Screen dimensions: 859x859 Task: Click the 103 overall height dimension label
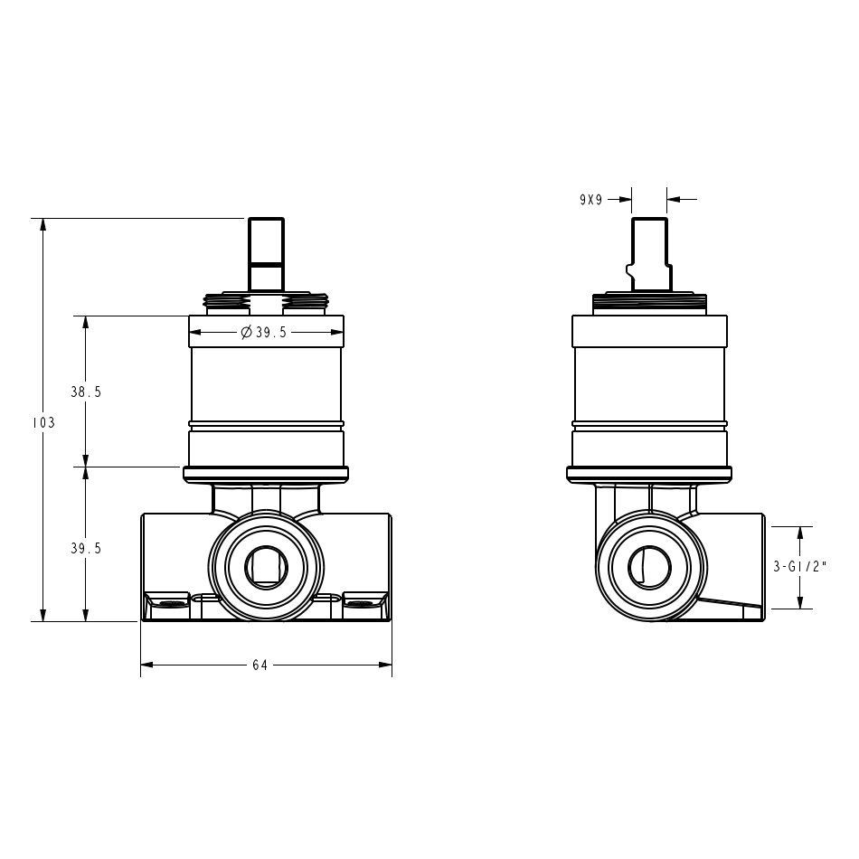[x=43, y=422]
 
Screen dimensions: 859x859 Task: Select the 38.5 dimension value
[x=86, y=392]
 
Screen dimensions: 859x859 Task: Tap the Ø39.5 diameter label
[x=264, y=332]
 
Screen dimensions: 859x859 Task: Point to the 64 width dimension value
[x=260, y=665]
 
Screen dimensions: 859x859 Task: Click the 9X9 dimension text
[x=591, y=200]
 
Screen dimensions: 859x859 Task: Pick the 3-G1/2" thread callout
[x=799, y=567]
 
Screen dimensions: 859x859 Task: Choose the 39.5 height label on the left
[x=86, y=548]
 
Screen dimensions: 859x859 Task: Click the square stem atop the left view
[x=266, y=254]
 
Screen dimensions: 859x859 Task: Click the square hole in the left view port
[x=266, y=566]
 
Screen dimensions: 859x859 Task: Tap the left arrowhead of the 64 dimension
[x=147, y=665]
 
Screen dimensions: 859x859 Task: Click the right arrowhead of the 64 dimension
[x=385, y=665]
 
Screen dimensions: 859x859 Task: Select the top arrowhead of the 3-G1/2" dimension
[x=800, y=533]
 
